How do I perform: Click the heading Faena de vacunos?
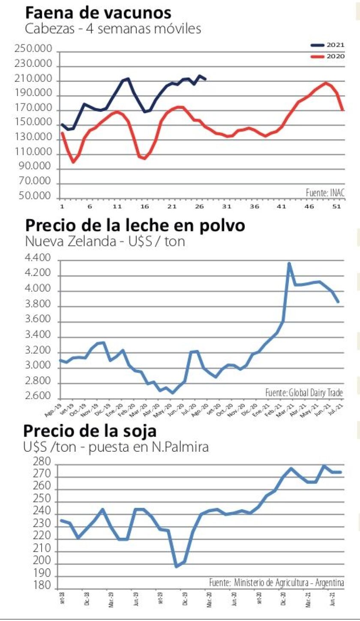pos(99,12)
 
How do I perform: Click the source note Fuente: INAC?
pos(325,193)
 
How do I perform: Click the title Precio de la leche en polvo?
pos(135,225)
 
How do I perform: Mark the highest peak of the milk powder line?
pos(289,263)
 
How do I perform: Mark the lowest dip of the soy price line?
pos(177,567)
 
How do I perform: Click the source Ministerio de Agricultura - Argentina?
pos(277,583)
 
